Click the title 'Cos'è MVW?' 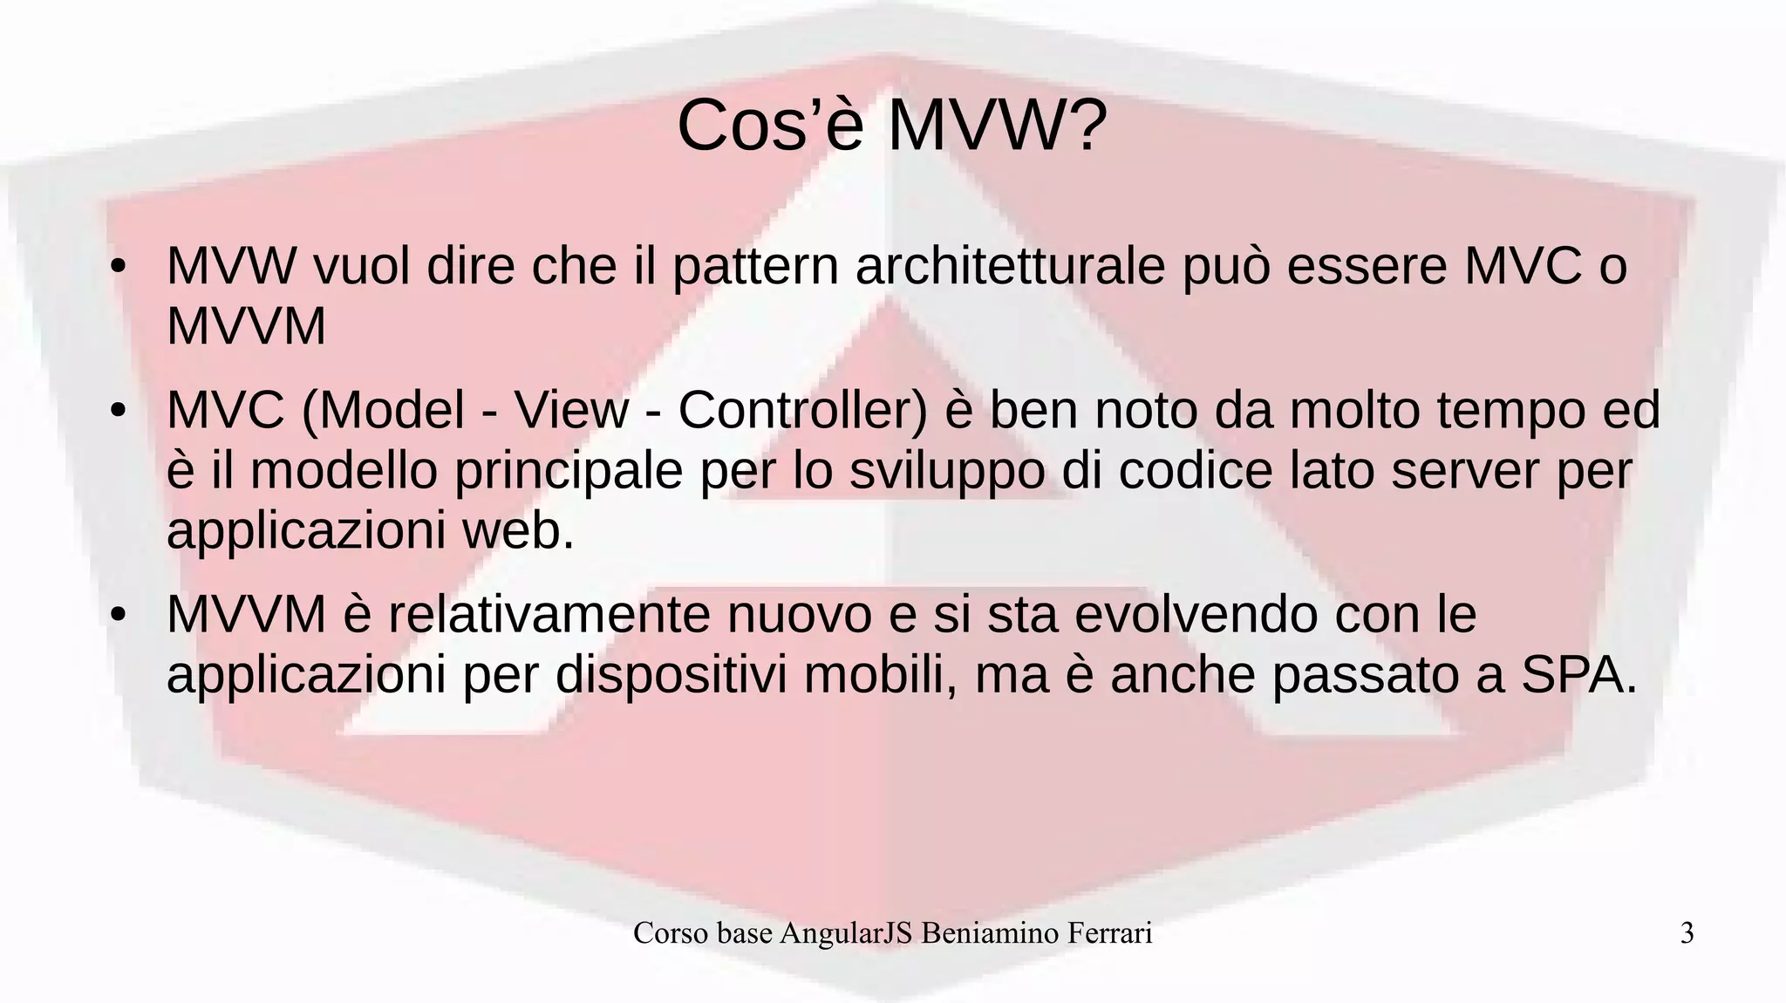[x=891, y=126]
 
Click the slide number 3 [x=1687, y=933]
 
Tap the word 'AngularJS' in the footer [x=846, y=933]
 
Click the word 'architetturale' [x=1010, y=266]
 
